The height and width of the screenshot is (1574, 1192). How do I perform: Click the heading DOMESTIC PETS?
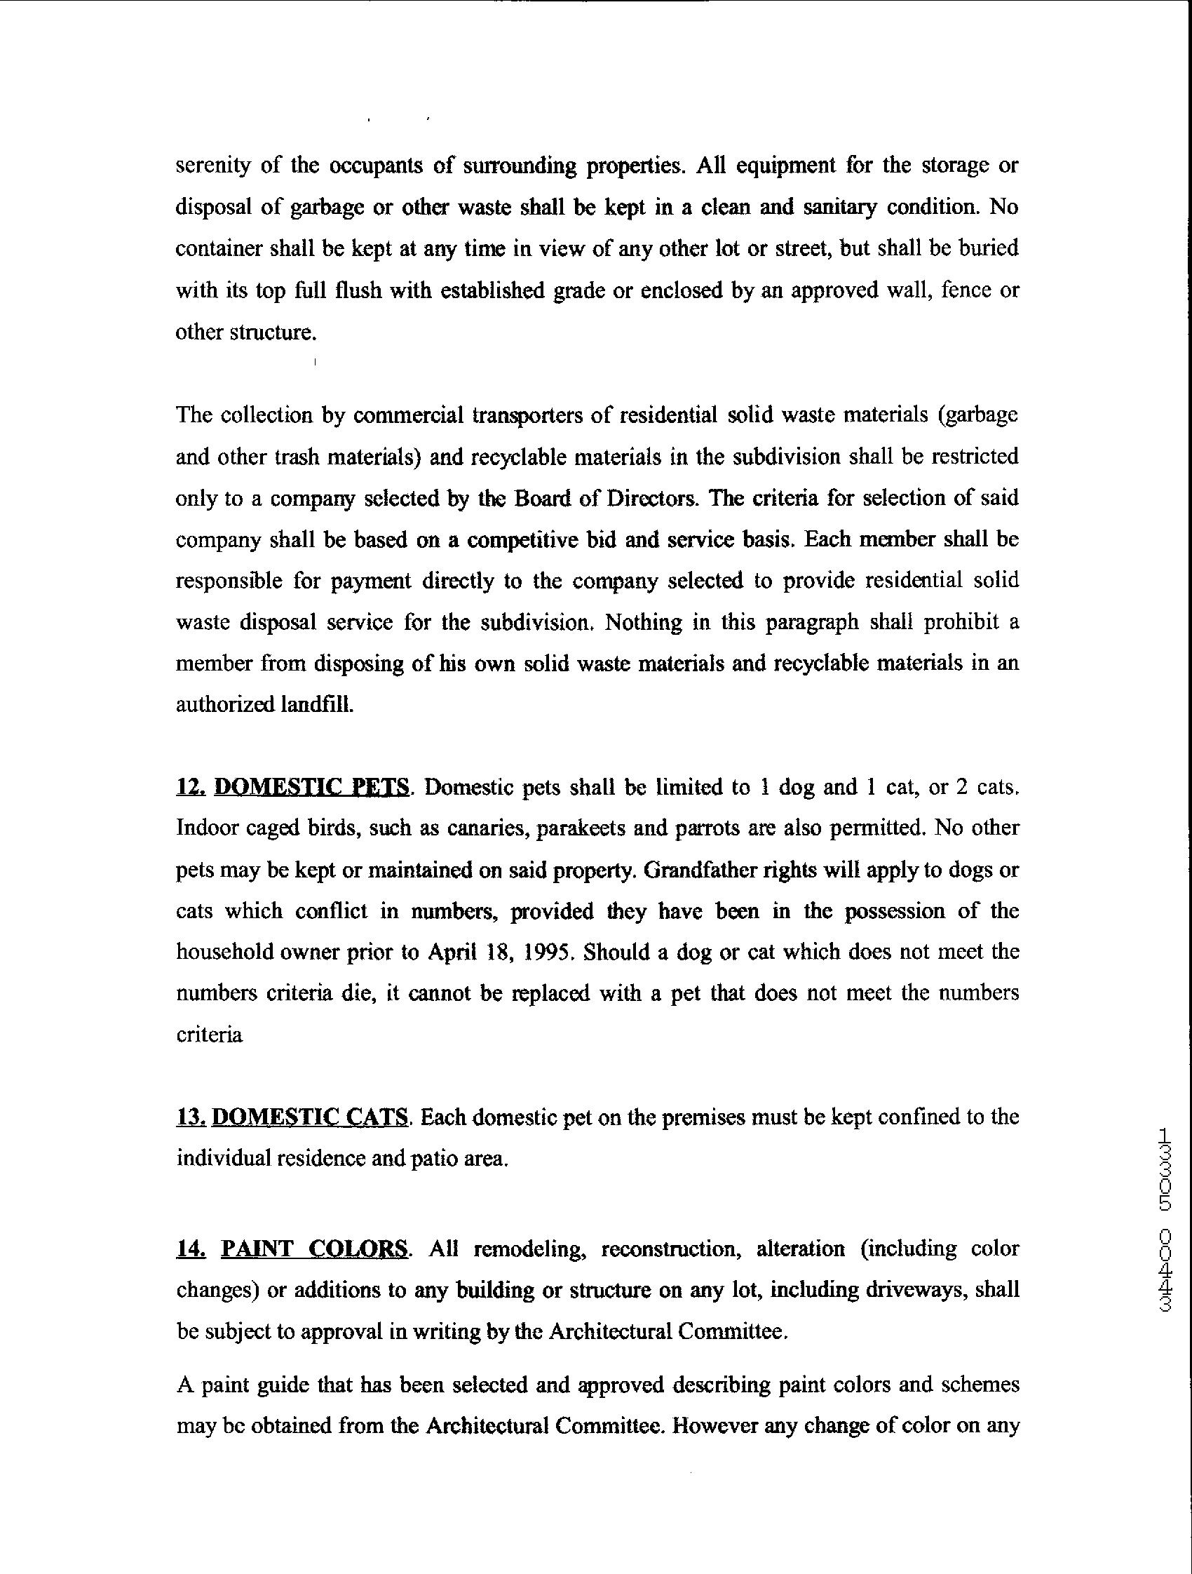[311, 787]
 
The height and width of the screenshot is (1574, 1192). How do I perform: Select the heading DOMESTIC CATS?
[310, 1117]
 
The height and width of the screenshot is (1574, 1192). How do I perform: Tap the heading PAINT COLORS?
[314, 1249]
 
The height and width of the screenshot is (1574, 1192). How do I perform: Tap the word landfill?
[315, 704]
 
